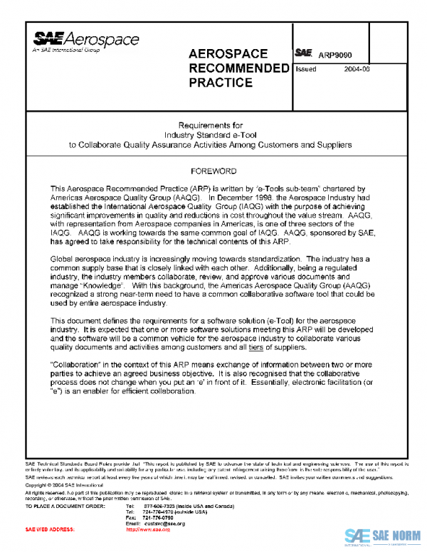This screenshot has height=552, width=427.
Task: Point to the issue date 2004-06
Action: (x=357, y=70)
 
